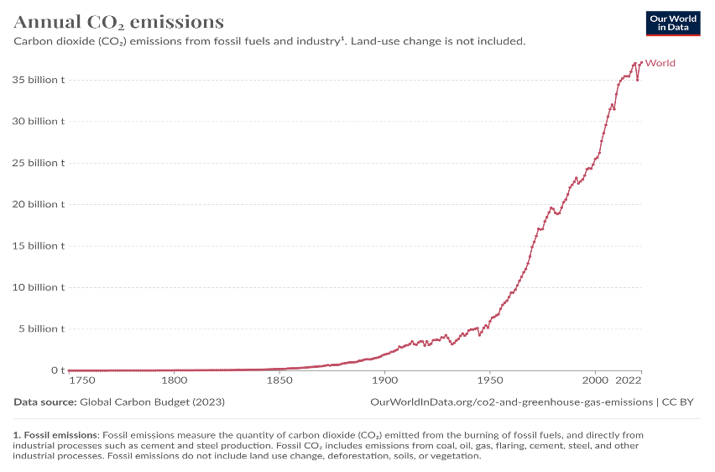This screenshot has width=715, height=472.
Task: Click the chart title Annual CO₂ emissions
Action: point(118,21)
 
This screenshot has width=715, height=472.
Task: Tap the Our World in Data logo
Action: point(672,23)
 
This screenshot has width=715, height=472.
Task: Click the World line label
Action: point(660,63)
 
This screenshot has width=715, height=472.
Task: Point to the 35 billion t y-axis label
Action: point(37,80)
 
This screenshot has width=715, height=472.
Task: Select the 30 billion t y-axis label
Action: point(37,121)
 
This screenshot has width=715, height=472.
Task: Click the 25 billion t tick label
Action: point(37,163)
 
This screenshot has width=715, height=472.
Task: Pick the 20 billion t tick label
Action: point(37,204)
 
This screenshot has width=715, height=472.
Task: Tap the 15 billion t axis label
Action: point(37,246)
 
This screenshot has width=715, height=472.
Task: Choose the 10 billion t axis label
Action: point(37,287)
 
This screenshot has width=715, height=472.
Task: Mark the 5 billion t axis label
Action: point(40,328)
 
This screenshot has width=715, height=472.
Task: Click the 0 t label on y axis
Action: point(57,370)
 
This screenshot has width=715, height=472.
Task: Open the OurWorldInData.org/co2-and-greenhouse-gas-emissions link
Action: point(510,402)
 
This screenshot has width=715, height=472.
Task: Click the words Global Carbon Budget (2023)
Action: point(152,402)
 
